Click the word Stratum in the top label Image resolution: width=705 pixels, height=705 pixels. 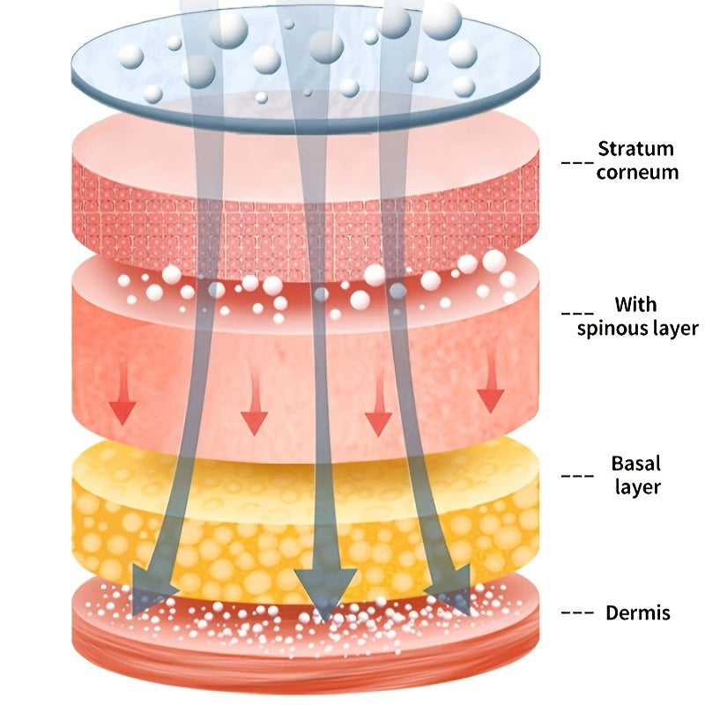click(x=635, y=149)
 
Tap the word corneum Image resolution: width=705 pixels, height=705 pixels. click(x=637, y=172)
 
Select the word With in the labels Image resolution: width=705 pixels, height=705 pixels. click(x=635, y=306)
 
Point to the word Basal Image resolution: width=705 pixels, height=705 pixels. click(x=634, y=464)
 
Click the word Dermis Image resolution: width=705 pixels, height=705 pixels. click(x=638, y=613)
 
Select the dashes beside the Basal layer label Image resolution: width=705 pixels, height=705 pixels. click(x=576, y=476)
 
